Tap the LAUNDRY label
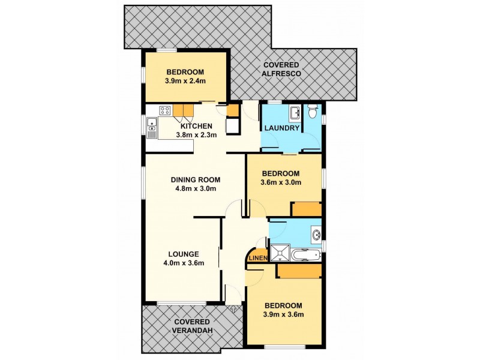(x=281, y=128)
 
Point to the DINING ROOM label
(x=196, y=179)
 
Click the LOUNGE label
(x=184, y=253)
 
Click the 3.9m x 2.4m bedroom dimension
(x=185, y=80)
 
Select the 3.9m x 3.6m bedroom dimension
(x=283, y=315)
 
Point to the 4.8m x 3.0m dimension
(x=196, y=188)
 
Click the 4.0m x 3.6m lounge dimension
(x=184, y=263)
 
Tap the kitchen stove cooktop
(x=165, y=110)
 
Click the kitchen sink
(x=152, y=125)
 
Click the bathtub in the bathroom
(x=307, y=255)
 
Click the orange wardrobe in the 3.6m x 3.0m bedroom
(x=307, y=209)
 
